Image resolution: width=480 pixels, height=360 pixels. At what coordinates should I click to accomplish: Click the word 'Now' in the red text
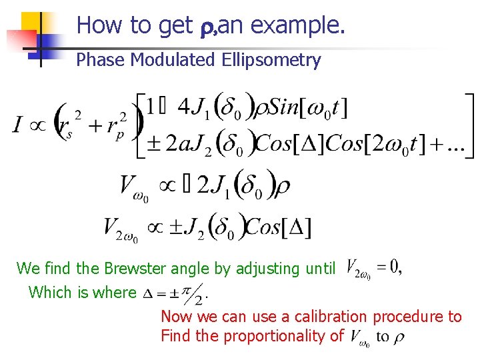(175, 317)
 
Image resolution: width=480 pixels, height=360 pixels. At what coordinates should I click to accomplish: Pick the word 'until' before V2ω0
(319, 269)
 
